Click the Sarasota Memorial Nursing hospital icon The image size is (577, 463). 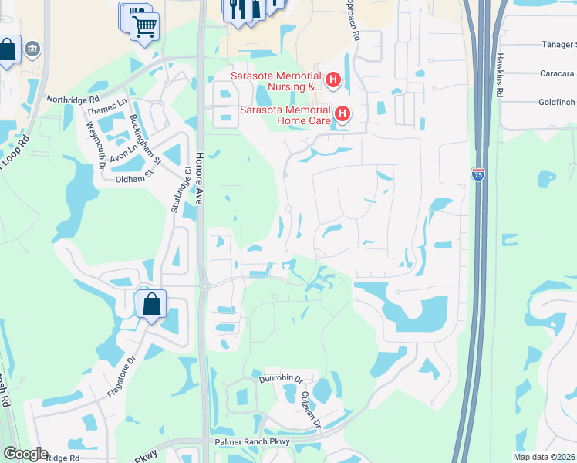[333, 79]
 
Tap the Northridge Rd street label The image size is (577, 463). [73, 100]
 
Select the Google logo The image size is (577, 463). [25, 454]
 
